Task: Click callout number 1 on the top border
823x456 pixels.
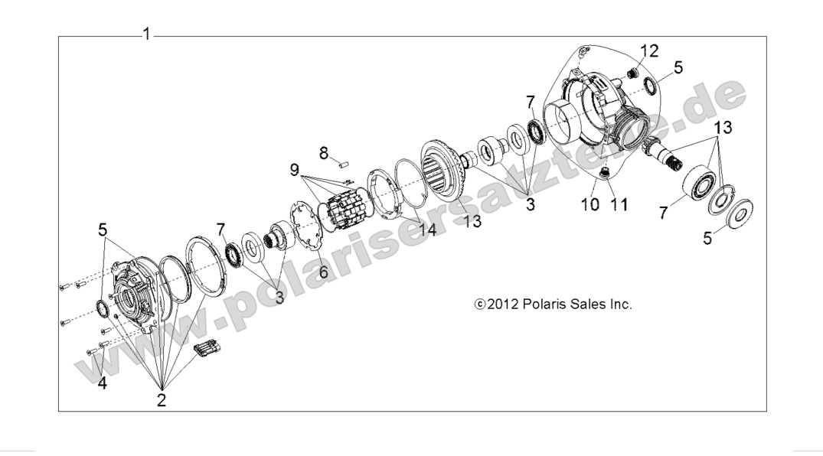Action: click(x=145, y=34)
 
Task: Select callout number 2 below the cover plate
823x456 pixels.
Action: click(x=162, y=399)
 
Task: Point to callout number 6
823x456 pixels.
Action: click(x=323, y=271)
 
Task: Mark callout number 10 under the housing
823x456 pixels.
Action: click(x=589, y=204)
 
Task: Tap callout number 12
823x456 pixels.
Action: click(x=649, y=50)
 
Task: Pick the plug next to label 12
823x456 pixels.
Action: click(x=633, y=73)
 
